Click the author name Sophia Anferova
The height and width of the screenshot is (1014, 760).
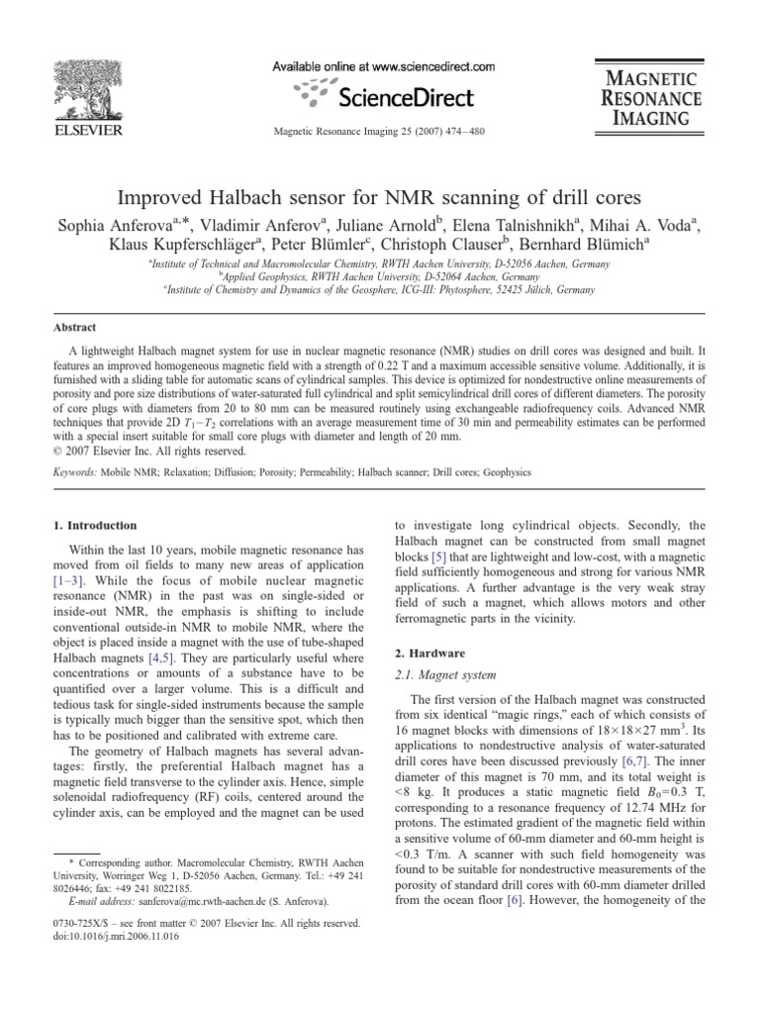(x=110, y=226)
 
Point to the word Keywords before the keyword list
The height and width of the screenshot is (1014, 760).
(x=75, y=473)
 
